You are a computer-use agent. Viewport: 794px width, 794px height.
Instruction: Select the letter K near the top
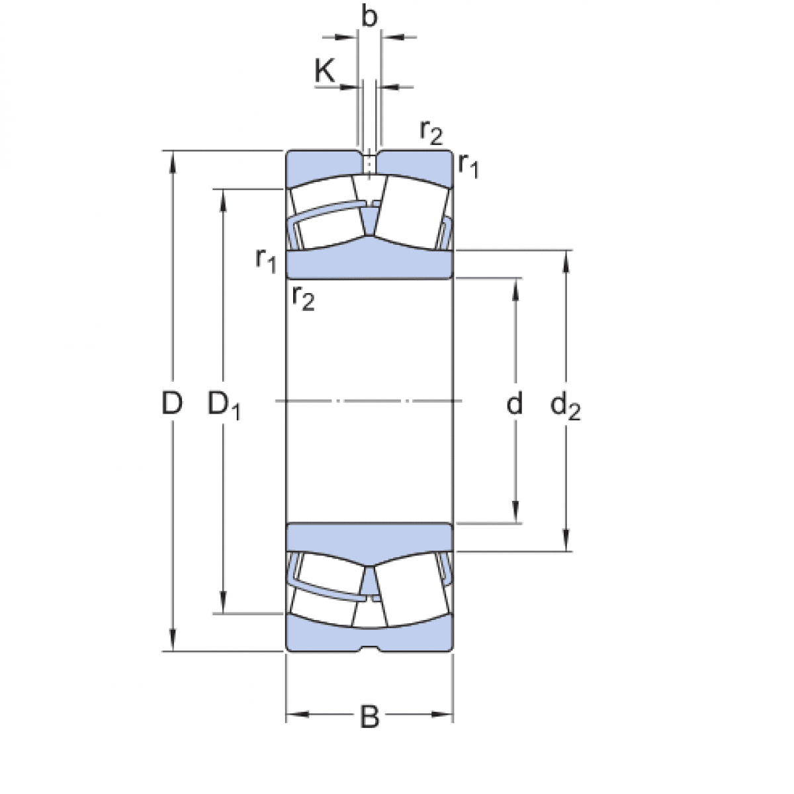pyautogui.click(x=325, y=71)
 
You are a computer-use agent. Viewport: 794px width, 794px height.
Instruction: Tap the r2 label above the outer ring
pyautogui.click(x=431, y=132)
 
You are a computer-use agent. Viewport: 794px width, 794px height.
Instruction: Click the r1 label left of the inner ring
pyautogui.click(x=266, y=259)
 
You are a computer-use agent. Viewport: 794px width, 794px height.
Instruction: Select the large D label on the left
pyautogui.click(x=172, y=402)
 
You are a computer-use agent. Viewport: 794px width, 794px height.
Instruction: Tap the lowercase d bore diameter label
pyautogui.click(x=514, y=403)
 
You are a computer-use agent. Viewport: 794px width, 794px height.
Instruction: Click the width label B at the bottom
pyautogui.click(x=369, y=717)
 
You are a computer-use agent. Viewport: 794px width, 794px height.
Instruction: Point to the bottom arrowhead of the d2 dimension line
pyautogui.click(x=566, y=543)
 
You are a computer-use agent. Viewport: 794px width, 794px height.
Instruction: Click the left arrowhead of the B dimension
pyautogui.click(x=294, y=715)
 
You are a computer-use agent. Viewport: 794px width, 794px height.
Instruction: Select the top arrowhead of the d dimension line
pyautogui.click(x=515, y=286)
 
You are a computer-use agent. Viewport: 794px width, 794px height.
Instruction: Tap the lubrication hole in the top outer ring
pyautogui.click(x=369, y=162)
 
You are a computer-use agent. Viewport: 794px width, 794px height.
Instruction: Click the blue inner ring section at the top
pyautogui.click(x=369, y=264)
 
